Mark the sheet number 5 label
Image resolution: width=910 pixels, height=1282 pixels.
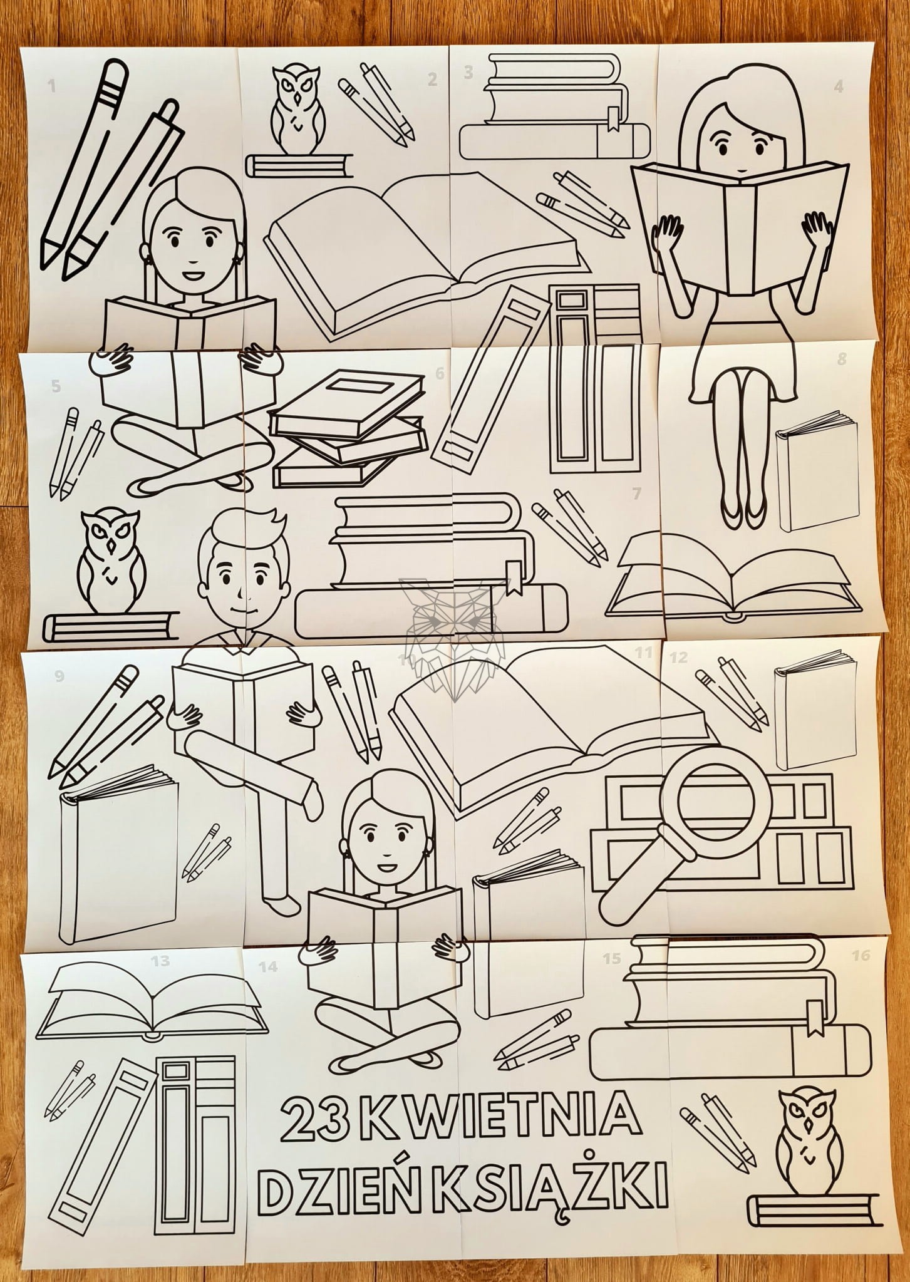pos(56,386)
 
